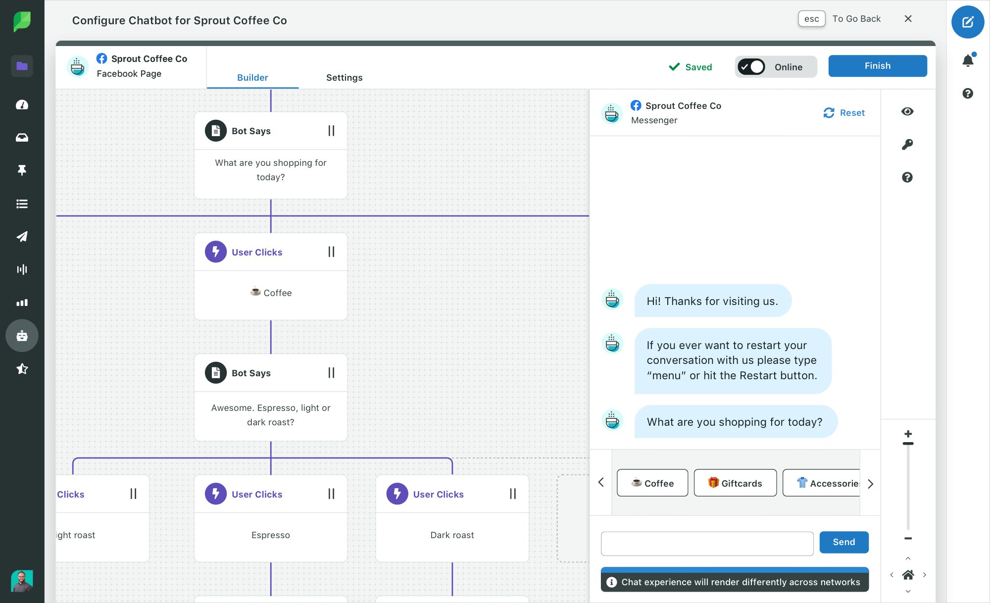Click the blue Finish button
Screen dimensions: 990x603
[x=878, y=66]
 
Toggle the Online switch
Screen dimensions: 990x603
[x=751, y=67]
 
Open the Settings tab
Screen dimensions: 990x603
[x=344, y=78]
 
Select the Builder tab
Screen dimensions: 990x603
[x=252, y=78]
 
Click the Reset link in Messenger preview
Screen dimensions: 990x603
[x=844, y=113]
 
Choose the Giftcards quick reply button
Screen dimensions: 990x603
[x=735, y=483]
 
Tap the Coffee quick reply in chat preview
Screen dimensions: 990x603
[x=652, y=483]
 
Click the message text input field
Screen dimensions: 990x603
[x=707, y=544]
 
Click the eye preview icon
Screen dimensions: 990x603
[x=907, y=111]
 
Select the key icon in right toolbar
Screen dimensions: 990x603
[x=907, y=144]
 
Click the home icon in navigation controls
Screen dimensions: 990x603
[x=908, y=575]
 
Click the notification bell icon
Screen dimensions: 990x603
[x=968, y=60]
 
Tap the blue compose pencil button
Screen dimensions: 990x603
[x=968, y=22]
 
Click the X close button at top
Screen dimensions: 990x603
[x=908, y=19]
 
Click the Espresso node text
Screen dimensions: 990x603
[x=271, y=535]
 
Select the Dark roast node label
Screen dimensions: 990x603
[x=452, y=535]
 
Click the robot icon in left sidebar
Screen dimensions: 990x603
[x=22, y=336]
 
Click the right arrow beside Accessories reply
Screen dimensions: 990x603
[x=871, y=484]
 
